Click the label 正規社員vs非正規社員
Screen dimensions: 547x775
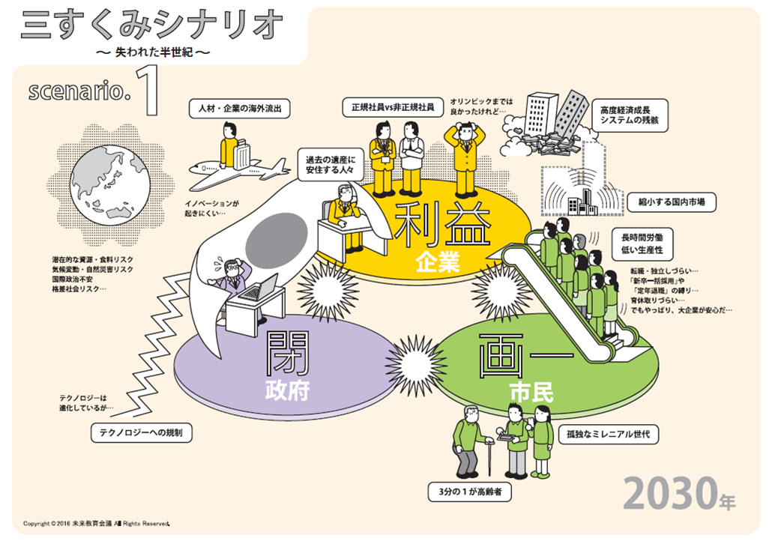(392, 107)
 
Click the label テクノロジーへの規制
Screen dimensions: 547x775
(141, 432)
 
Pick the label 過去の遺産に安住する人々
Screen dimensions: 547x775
(329, 165)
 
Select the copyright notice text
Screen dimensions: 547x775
(97, 522)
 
